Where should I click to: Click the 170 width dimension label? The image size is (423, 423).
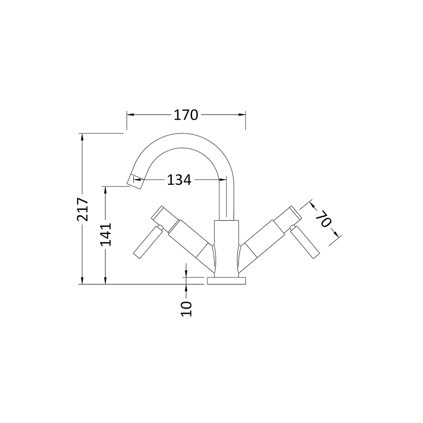coord(186,115)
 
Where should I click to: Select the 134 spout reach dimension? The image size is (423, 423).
coord(179,180)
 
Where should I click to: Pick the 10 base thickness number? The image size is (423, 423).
coord(187,308)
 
